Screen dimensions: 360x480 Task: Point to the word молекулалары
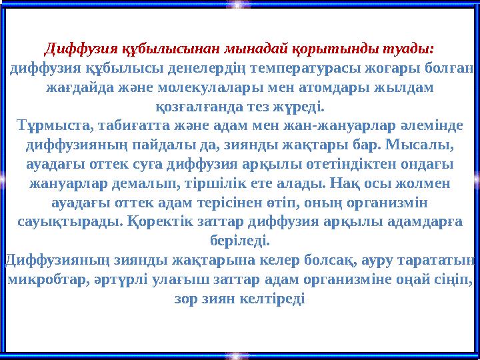[207, 87]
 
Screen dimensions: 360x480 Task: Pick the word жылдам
[404, 87]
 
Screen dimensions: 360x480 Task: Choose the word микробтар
[45, 277]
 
